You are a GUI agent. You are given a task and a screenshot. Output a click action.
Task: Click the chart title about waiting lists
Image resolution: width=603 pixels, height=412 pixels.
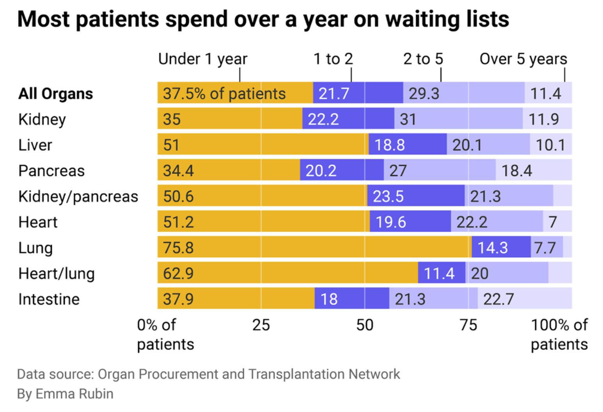click(x=263, y=19)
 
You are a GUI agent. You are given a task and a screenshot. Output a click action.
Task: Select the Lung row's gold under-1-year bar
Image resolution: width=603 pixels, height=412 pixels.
click(x=314, y=247)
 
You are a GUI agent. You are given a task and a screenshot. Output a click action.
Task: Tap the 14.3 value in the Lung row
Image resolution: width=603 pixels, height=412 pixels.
click(x=493, y=248)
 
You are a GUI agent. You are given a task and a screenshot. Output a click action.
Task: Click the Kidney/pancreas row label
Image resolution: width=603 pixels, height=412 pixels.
click(x=78, y=196)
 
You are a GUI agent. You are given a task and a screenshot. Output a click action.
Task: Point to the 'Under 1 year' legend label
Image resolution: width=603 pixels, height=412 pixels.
click(x=202, y=59)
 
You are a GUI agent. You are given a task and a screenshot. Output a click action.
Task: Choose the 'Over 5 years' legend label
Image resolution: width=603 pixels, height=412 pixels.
click(x=523, y=59)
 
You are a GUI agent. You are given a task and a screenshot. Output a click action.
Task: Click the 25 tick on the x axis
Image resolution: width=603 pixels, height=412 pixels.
click(x=261, y=325)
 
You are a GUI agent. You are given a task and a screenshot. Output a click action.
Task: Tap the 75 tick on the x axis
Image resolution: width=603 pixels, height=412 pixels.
click(x=468, y=325)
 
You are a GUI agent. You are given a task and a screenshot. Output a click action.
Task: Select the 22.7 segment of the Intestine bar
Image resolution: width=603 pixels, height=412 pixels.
click(x=525, y=299)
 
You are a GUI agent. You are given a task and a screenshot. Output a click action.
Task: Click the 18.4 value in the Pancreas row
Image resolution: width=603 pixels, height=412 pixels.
click(x=516, y=170)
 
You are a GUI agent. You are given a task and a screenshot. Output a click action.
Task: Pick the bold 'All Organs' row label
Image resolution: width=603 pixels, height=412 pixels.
click(x=55, y=94)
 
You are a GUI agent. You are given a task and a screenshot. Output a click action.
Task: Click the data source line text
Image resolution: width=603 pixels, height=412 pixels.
click(x=208, y=374)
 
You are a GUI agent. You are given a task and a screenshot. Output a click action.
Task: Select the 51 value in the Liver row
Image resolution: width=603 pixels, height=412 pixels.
click(x=171, y=145)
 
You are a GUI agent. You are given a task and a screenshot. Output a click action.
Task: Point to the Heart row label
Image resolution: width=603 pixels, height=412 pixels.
click(x=38, y=222)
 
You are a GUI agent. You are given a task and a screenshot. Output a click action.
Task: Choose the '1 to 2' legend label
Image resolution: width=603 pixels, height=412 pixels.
click(x=333, y=59)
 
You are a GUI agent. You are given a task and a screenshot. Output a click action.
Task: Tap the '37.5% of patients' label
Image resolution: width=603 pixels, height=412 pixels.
click(x=224, y=94)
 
